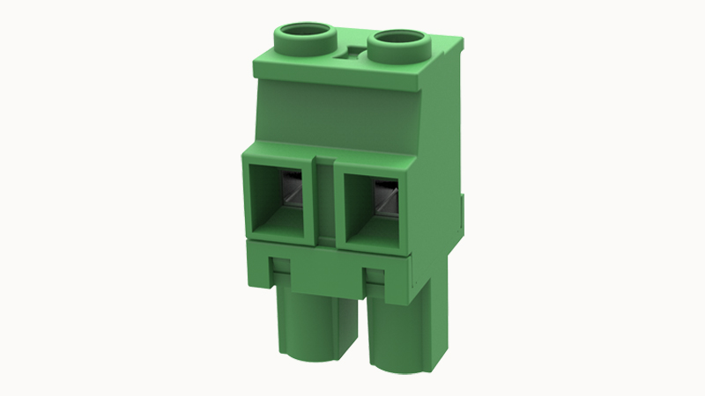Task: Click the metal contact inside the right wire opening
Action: pyautogui.click(x=384, y=197)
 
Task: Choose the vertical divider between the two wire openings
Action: pyautogui.click(x=325, y=198)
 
